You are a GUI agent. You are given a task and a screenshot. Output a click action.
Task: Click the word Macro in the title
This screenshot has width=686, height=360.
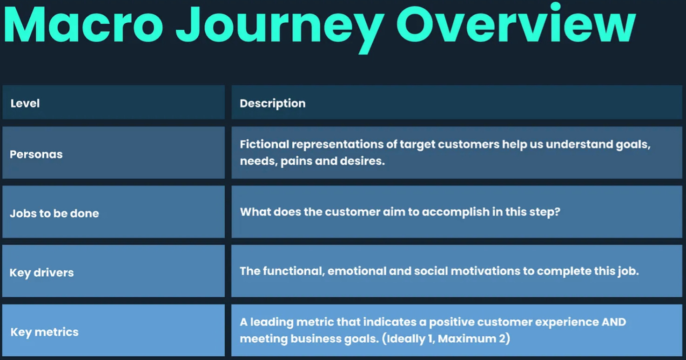[x=83, y=25]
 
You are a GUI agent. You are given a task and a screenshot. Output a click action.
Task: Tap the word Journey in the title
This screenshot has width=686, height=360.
[x=280, y=29]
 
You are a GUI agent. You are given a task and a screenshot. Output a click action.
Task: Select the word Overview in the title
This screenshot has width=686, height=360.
[x=516, y=23]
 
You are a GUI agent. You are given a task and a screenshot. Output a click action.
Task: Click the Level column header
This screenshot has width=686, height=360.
[x=25, y=103]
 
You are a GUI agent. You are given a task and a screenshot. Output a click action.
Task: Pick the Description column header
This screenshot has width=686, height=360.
[x=273, y=104]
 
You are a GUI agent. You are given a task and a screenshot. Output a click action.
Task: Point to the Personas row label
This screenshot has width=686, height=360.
[x=36, y=154]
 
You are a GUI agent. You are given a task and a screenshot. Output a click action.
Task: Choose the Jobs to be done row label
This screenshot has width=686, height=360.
[x=54, y=213]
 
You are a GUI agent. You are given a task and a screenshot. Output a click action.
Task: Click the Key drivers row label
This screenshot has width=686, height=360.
[x=41, y=273]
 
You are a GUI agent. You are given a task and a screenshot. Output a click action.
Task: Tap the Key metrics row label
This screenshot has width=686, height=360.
[x=44, y=332]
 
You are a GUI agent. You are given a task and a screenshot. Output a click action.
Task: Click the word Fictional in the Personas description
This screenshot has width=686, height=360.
[x=264, y=144]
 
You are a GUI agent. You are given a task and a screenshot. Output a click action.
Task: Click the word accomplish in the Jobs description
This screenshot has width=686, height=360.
[x=456, y=212]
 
